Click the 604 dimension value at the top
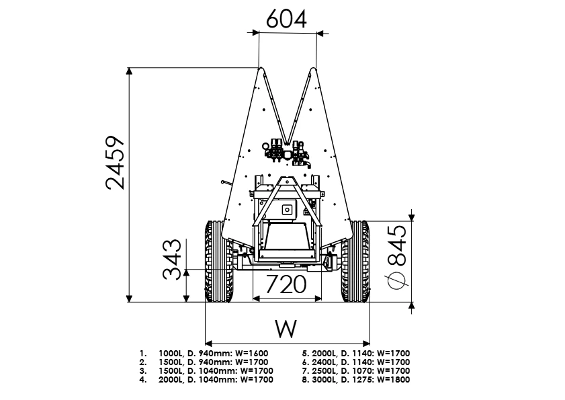pos(286,19)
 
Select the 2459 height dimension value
pos(116,163)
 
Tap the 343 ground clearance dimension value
pos(172,259)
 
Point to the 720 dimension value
pos(286,284)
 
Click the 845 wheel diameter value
pos(397,245)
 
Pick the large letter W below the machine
pos(286,329)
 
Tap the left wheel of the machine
pos(219,261)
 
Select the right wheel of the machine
pos(355,261)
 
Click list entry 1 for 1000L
pos(204,354)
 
